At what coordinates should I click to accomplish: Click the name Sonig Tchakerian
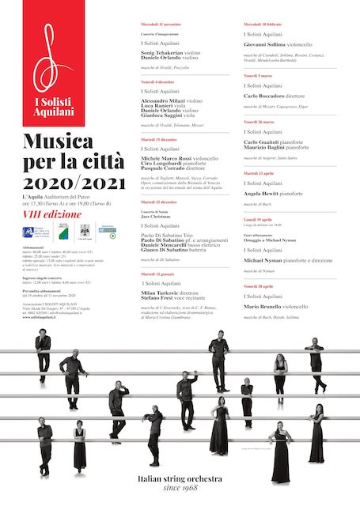[x=161, y=52]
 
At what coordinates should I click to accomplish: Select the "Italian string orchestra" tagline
[x=180, y=479]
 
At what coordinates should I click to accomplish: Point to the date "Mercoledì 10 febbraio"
[x=264, y=25]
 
